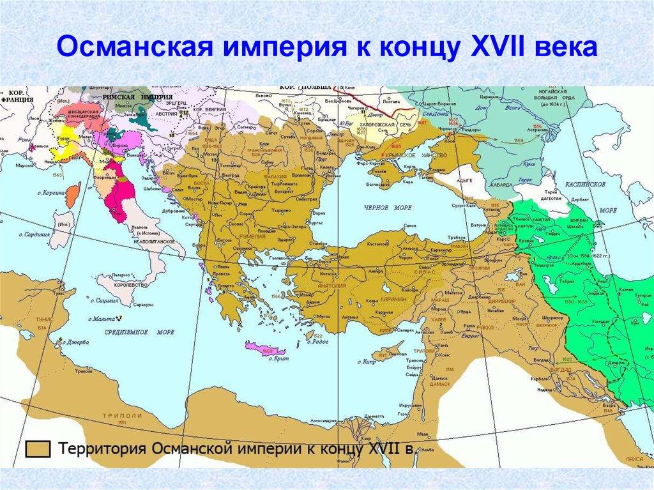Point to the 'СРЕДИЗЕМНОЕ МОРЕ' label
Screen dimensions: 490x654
(x=121, y=332)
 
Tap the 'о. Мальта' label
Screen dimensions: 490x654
(x=108, y=318)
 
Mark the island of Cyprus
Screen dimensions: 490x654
(x=391, y=349)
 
